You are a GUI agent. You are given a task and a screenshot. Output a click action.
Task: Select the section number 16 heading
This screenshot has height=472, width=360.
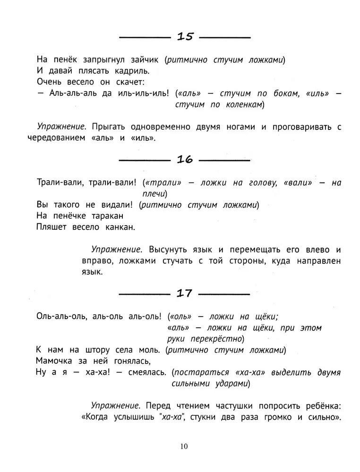click(185, 160)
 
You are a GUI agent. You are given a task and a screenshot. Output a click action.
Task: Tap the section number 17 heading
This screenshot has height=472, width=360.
click(184, 293)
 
